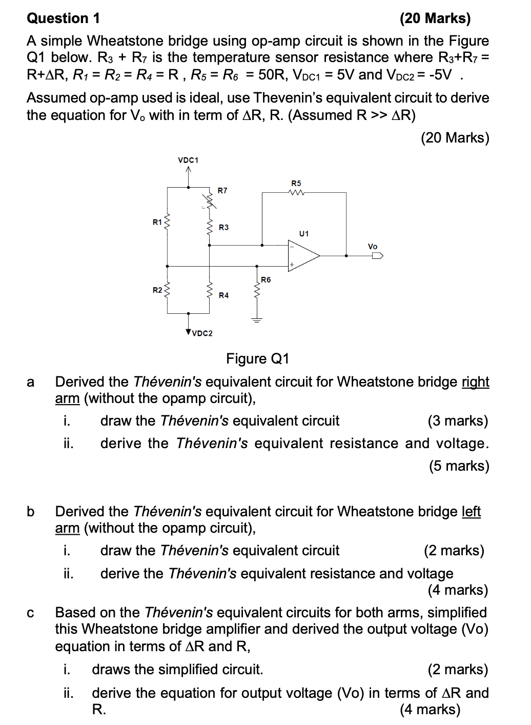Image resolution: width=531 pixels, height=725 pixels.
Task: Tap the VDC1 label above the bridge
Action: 188,159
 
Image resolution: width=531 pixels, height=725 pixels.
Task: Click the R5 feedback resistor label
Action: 296,183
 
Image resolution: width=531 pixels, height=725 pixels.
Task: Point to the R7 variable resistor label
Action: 222,190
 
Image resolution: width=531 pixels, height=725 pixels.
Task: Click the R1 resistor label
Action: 157,222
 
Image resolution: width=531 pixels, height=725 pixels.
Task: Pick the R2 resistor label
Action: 157,291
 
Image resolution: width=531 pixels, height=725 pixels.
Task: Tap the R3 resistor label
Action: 223,227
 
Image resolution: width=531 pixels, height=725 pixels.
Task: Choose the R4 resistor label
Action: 223,295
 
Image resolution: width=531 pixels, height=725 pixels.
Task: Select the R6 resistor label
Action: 265,279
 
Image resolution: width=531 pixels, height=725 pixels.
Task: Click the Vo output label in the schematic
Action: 373,247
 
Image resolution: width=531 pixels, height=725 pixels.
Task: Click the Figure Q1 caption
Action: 258,358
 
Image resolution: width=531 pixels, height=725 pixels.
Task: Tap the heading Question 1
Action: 64,18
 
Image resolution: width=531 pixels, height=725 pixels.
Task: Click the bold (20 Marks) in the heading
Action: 435,18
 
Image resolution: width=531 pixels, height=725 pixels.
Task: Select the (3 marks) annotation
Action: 458,421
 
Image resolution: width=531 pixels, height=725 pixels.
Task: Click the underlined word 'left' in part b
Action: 471,511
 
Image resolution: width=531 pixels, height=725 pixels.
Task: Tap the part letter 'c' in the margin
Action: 31,613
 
